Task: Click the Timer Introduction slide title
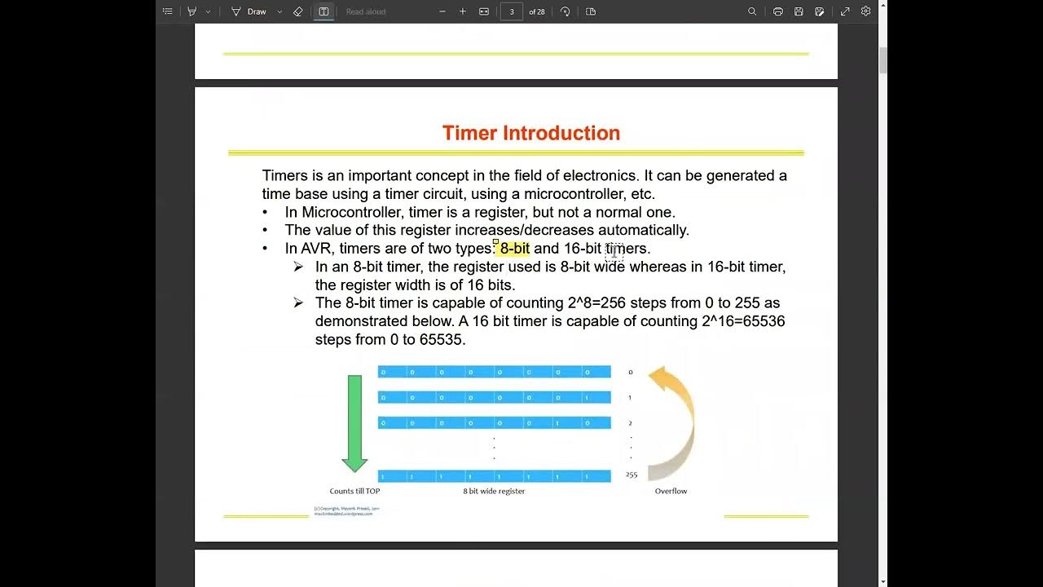coord(530,133)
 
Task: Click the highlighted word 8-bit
coord(514,249)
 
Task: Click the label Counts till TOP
coord(354,491)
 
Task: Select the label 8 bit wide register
coord(494,491)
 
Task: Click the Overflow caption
coord(671,491)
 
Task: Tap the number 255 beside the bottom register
coord(632,474)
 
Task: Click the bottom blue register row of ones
coord(494,475)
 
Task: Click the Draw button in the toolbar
coord(256,11)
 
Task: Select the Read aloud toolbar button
coord(366,11)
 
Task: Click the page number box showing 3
coord(512,11)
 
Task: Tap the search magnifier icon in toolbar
coord(752,11)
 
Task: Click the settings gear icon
coord(866,11)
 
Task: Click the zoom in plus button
coord(463,11)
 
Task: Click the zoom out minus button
coord(442,11)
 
